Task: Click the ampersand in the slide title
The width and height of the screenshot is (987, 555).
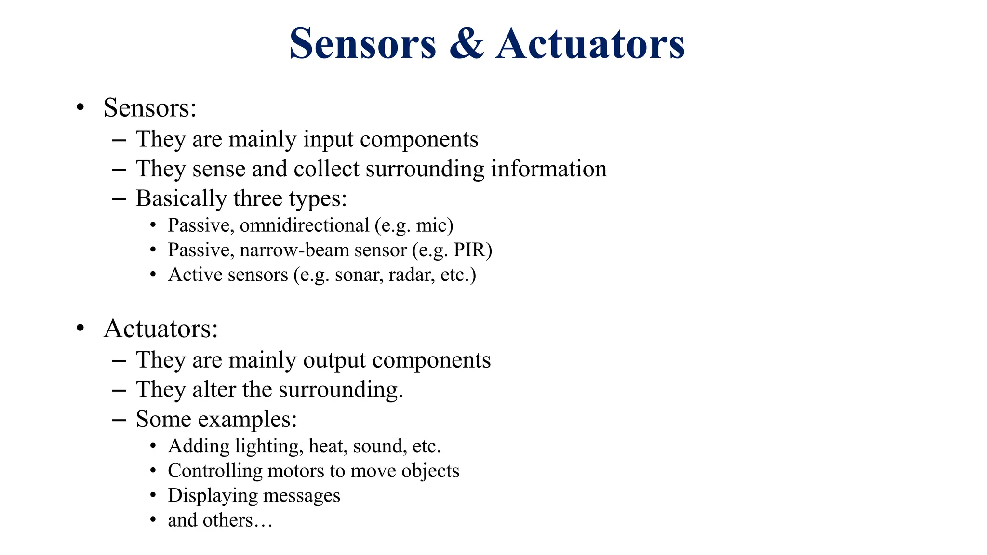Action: pos(466,44)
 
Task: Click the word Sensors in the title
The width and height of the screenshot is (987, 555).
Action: pos(362,44)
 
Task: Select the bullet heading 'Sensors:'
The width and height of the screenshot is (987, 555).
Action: pos(150,107)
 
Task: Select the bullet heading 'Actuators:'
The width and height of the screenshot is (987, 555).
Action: pos(160,329)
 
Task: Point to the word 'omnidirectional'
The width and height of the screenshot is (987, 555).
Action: pos(304,225)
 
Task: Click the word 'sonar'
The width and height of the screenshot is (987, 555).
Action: pos(359,275)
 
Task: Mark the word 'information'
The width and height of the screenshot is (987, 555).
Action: pos(548,169)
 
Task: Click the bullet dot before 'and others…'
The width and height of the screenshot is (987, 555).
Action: pos(153,520)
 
